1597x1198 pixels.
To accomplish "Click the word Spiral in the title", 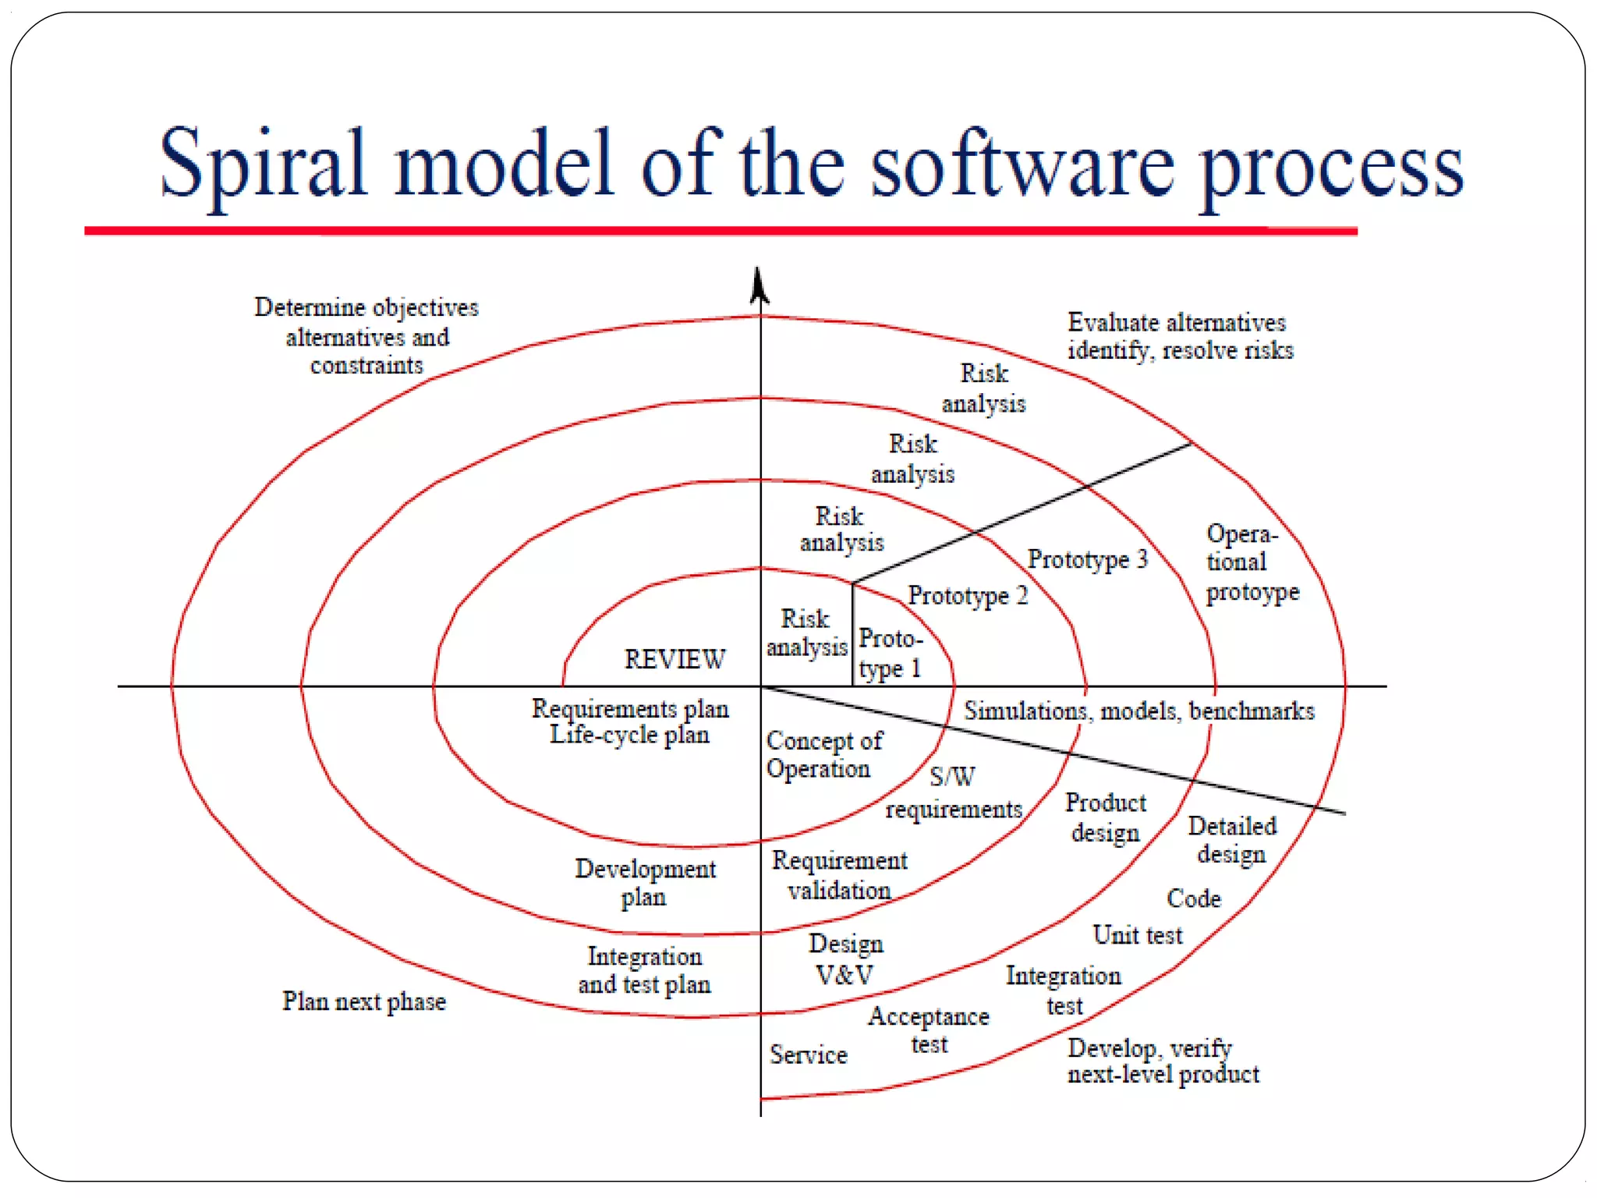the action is (262, 165).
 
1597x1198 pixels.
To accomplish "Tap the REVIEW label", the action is (675, 659).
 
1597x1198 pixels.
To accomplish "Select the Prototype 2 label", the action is (968, 596).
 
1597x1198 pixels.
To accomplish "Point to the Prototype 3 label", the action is (1087, 559).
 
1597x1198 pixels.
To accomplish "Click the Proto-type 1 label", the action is (890, 654).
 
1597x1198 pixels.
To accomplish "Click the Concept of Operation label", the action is (823, 754).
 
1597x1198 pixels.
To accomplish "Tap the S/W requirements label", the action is (953, 793).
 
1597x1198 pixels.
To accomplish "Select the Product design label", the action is (1105, 817).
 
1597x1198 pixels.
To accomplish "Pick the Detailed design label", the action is (1231, 840).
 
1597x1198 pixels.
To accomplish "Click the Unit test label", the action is (1137, 934).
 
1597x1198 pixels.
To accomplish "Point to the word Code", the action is (1193, 898).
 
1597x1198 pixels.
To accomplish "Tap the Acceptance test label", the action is (928, 1030).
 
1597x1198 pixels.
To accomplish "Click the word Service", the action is (808, 1054).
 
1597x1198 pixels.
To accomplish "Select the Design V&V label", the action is (845, 959).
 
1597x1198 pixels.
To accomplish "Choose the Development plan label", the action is (645, 883).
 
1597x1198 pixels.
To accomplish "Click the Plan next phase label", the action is (363, 1001).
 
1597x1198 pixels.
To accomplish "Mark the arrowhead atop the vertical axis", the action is (759, 285).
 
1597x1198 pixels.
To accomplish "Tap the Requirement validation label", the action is (839, 875).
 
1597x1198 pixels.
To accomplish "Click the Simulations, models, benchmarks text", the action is (1138, 711).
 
